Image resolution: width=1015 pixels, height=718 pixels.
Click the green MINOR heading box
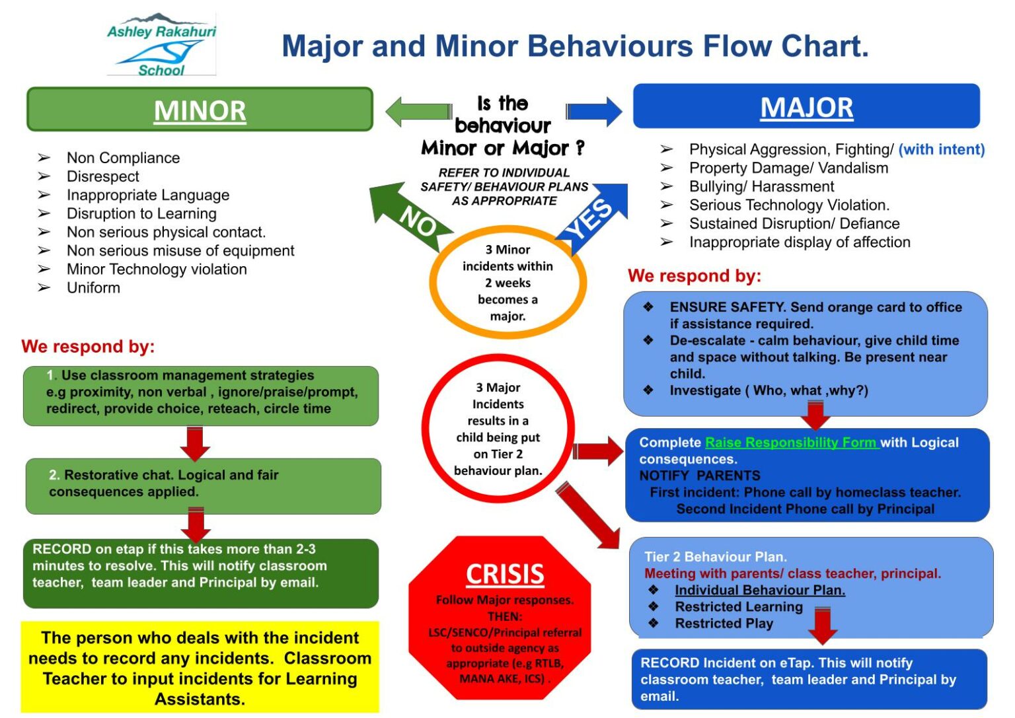(200, 110)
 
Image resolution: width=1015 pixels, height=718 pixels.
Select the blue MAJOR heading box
(806, 106)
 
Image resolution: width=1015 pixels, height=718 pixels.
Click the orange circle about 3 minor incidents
(507, 283)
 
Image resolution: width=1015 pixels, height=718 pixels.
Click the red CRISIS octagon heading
(505, 574)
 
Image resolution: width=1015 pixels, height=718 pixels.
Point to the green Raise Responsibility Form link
(791, 443)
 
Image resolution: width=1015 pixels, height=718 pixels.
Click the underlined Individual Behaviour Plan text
(759, 590)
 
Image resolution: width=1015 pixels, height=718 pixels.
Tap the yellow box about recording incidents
(200, 667)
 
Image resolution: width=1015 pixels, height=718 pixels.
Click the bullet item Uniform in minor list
(93, 288)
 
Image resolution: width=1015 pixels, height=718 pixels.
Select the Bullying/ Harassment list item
(761, 186)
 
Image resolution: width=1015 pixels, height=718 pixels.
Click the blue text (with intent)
(941, 149)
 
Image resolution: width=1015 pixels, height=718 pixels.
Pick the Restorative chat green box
(203, 485)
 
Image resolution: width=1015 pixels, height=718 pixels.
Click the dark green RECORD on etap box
(200, 573)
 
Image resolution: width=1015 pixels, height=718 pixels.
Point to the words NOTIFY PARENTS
(699, 476)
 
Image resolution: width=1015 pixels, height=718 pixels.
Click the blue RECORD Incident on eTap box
(809, 679)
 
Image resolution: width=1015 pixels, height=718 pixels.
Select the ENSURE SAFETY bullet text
(815, 315)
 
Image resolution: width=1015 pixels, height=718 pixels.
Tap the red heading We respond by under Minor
(88, 347)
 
